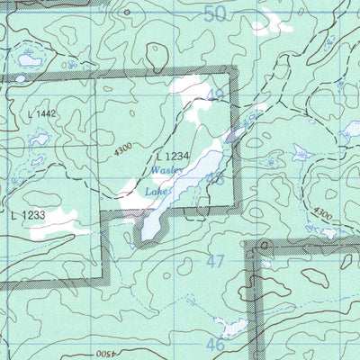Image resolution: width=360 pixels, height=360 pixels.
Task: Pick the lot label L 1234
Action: [x=172, y=156]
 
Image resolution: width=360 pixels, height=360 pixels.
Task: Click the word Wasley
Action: [x=167, y=169]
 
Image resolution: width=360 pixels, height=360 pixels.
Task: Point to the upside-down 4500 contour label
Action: [x=106, y=354]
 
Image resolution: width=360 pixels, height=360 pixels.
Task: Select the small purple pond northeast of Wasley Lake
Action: [x=234, y=136]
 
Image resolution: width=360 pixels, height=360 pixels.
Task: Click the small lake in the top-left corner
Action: [x=30, y=60]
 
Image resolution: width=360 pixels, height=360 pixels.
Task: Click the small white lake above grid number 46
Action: [x=232, y=326]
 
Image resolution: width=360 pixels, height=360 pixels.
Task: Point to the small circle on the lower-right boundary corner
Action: [x=263, y=244]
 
